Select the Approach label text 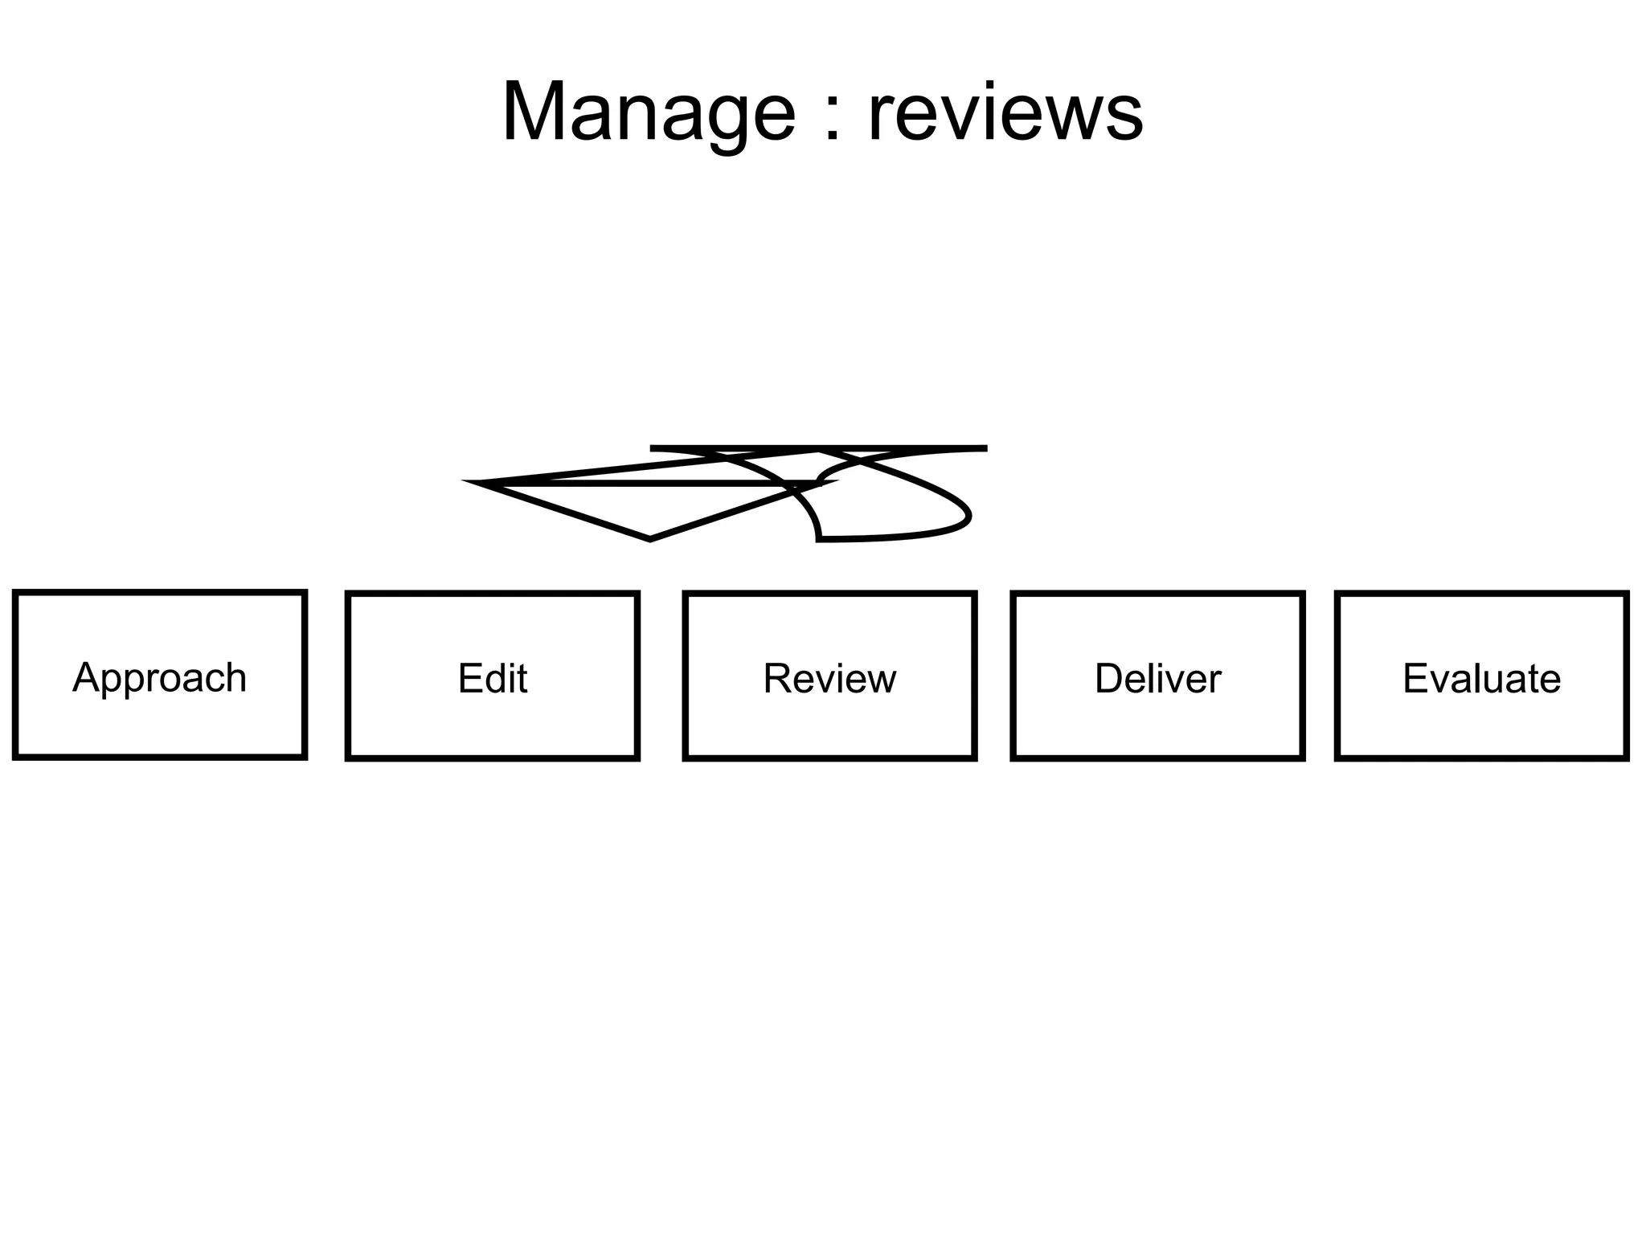(159, 677)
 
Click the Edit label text (492, 678)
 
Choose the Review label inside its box (829, 678)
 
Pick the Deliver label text (1157, 678)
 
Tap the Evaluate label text (1481, 678)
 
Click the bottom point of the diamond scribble (649, 539)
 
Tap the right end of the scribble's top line (985, 448)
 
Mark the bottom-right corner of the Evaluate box (1626, 757)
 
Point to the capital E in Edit (468, 678)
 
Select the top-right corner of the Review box (974, 595)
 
